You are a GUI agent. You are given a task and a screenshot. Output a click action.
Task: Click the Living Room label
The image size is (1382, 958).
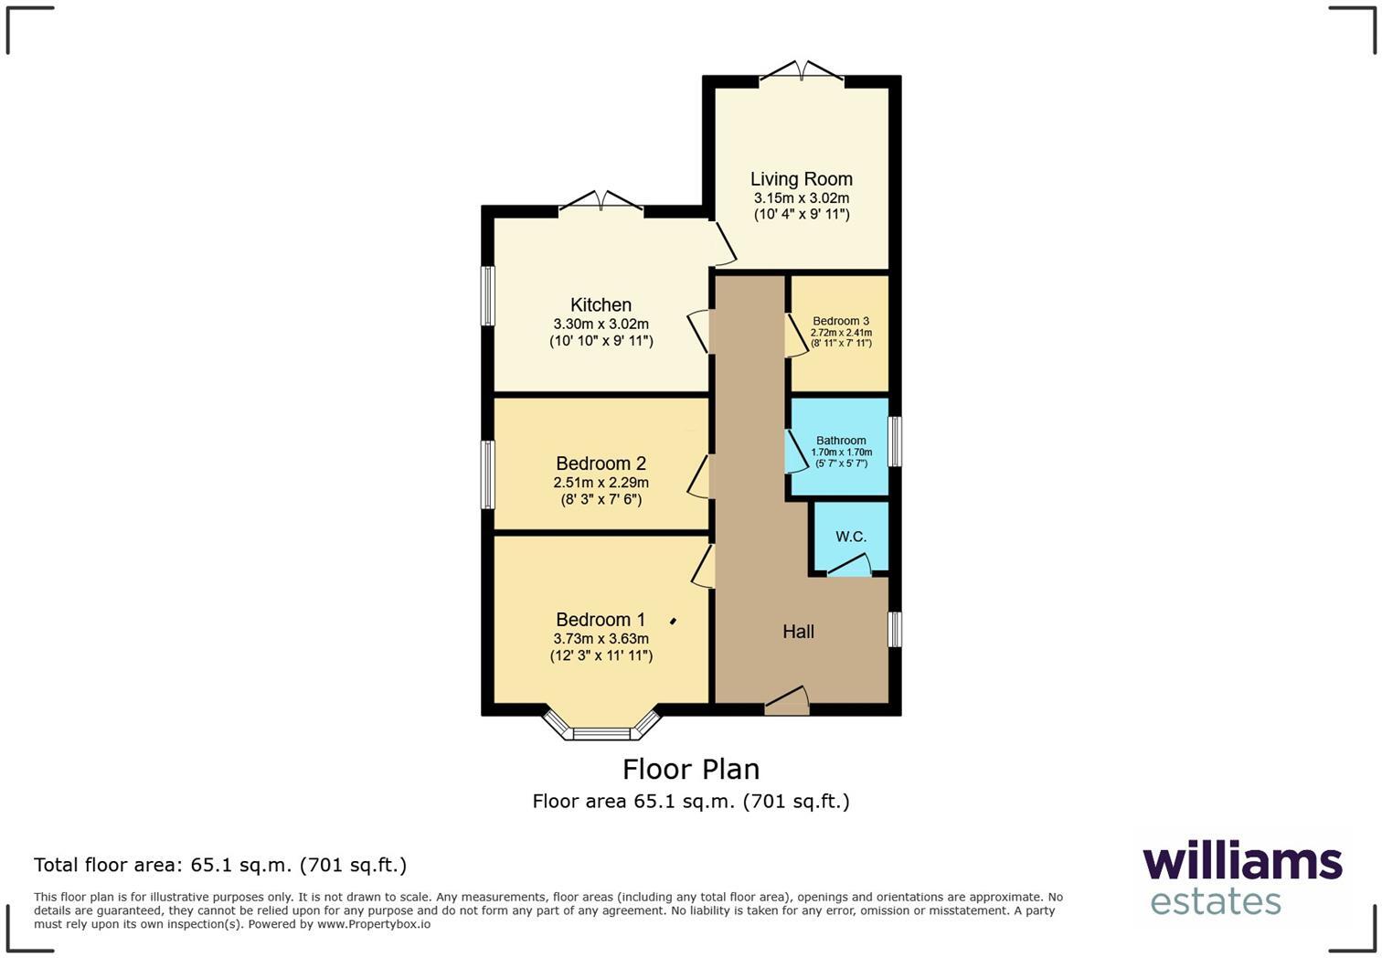click(x=801, y=179)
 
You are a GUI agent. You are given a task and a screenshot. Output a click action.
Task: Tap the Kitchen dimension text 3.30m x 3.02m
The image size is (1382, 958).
click(x=601, y=324)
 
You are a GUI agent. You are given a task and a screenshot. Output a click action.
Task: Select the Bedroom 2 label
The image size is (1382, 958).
click(x=601, y=463)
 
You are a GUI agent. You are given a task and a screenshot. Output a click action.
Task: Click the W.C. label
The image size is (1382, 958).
click(x=851, y=537)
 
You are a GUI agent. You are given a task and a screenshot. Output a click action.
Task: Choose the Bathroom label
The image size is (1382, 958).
click(x=841, y=441)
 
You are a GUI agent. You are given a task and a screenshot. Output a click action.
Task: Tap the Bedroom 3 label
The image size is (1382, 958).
click(x=841, y=321)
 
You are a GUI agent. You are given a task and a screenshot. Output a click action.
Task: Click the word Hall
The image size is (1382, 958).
click(x=798, y=632)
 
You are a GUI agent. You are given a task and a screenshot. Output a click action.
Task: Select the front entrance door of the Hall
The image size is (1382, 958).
click(x=787, y=702)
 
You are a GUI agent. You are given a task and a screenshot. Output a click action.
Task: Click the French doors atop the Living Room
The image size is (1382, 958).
click(x=802, y=73)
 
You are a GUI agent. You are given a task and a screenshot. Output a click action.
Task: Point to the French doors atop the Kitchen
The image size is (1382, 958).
click(x=601, y=203)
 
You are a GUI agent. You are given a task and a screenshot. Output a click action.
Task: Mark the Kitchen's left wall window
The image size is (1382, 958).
click(x=488, y=295)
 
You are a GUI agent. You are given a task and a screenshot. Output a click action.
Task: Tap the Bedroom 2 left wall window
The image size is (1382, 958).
click(x=488, y=474)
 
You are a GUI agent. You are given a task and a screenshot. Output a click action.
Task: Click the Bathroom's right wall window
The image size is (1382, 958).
click(x=896, y=441)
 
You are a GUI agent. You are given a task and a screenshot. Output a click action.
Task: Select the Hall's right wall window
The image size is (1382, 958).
click(x=896, y=630)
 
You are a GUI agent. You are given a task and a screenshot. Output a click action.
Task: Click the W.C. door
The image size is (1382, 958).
click(x=849, y=568)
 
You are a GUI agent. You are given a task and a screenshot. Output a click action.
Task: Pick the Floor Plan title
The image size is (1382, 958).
click(x=691, y=769)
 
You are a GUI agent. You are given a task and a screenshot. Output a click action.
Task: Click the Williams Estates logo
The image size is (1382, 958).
click(x=1241, y=878)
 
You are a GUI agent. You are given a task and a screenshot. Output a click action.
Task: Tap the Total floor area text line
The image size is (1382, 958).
click(x=220, y=865)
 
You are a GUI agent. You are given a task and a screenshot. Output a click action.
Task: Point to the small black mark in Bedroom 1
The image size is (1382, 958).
click(x=674, y=622)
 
